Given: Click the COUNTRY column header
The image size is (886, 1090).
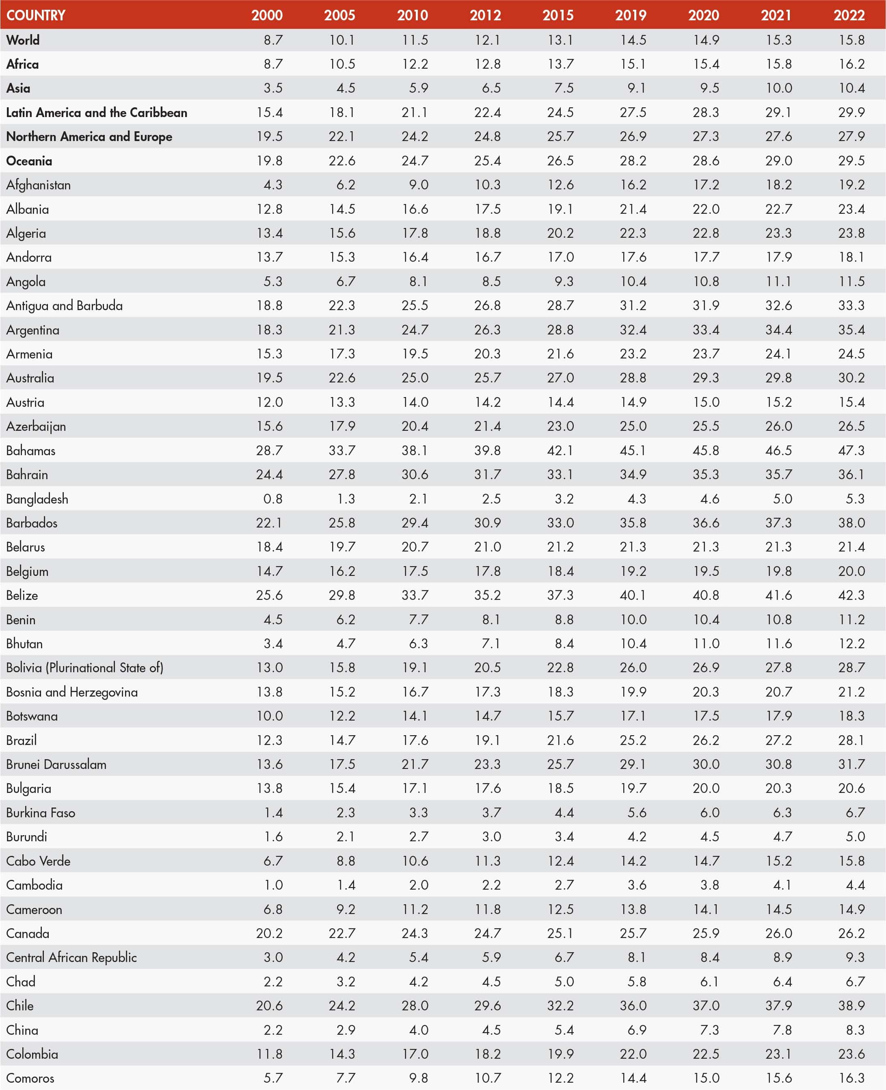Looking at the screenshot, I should (x=36, y=15).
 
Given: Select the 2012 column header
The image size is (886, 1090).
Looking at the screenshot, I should (x=485, y=15).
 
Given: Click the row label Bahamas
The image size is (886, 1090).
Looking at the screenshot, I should (x=30, y=450).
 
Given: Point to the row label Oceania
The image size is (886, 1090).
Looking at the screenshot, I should (x=29, y=161).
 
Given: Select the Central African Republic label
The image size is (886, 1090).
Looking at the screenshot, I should (x=71, y=957).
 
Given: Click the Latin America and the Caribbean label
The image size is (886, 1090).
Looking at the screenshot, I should (x=97, y=112).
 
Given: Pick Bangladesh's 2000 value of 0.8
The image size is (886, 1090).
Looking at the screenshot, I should (x=272, y=499).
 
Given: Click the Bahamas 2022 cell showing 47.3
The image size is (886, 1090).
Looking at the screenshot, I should (x=851, y=450).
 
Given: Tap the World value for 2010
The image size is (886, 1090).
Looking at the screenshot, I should (x=415, y=40).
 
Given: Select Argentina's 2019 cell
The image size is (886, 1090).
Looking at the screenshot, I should (x=633, y=330).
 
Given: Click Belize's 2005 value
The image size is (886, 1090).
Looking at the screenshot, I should (x=341, y=595).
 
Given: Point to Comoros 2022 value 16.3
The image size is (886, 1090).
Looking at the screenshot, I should (x=851, y=1078).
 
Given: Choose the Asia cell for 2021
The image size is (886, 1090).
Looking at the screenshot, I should (x=778, y=88).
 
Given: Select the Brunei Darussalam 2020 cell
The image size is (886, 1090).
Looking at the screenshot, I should (x=706, y=764).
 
